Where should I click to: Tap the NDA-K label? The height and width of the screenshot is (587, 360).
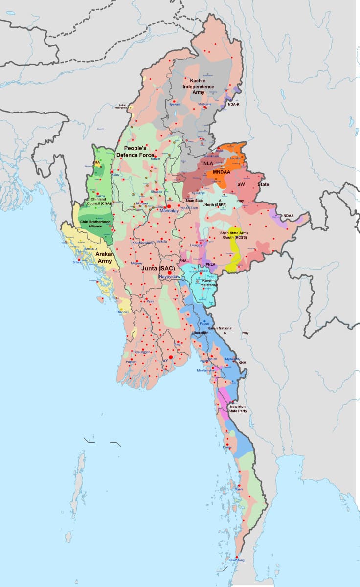(x=233, y=104)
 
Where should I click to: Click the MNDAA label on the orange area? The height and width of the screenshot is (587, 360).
(x=222, y=172)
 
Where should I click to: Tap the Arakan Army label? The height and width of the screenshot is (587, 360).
(x=104, y=258)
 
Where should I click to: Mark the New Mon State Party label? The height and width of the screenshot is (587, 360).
(x=238, y=409)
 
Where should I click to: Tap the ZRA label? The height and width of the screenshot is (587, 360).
(x=96, y=162)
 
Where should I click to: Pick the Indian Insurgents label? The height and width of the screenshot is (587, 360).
(x=119, y=106)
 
